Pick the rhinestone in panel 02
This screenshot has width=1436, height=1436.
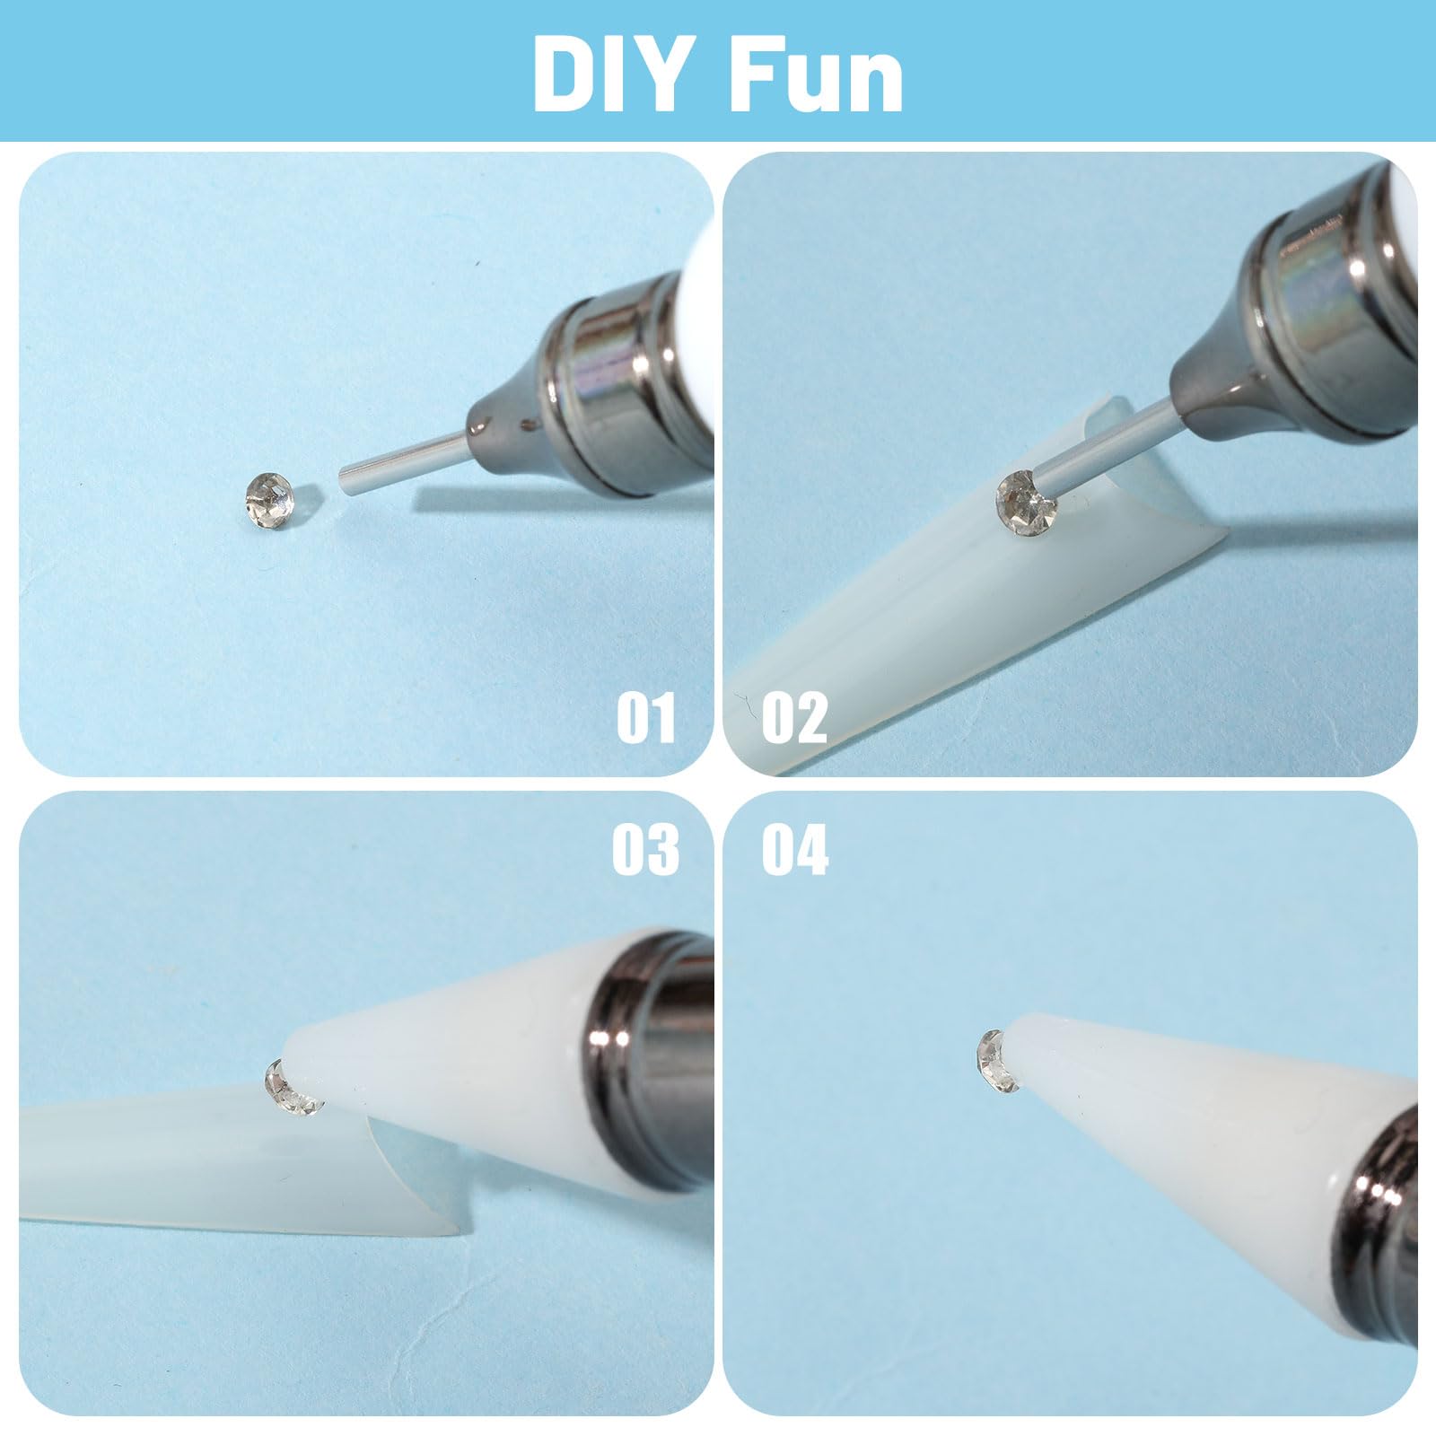[1029, 500]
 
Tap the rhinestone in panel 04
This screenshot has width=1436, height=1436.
[998, 1062]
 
